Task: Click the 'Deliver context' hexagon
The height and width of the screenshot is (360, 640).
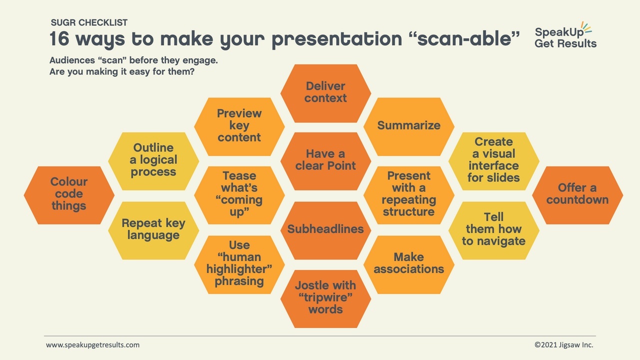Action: click(x=325, y=93)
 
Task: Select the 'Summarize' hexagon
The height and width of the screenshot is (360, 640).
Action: click(x=409, y=126)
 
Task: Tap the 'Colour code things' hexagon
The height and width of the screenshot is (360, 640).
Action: click(x=69, y=195)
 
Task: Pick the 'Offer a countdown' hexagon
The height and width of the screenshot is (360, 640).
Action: click(x=577, y=195)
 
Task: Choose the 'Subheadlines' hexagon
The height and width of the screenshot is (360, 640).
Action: click(x=325, y=230)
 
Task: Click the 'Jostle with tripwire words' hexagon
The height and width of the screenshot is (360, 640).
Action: click(x=325, y=299)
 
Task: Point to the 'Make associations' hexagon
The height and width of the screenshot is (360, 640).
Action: click(x=409, y=264)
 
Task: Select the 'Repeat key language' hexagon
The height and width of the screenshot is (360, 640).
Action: click(x=153, y=230)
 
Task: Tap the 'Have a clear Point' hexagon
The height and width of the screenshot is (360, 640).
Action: click(x=325, y=161)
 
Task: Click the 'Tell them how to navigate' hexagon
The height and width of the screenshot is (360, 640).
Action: click(x=493, y=230)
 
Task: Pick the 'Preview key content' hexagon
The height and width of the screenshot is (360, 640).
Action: click(x=239, y=126)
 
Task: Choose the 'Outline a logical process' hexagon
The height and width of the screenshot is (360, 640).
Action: click(x=153, y=161)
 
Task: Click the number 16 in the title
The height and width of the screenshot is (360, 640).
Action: click(x=59, y=38)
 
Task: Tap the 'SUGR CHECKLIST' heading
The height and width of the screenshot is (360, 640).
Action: click(x=89, y=22)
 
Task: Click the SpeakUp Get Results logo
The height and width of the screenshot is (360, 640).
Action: click(x=565, y=34)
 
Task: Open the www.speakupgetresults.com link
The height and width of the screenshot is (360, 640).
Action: click(x=93, y=345)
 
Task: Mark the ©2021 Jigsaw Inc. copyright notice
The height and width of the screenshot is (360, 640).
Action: click(x=564, y=345)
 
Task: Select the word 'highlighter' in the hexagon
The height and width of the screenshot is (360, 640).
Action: click(x=239, y=269)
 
